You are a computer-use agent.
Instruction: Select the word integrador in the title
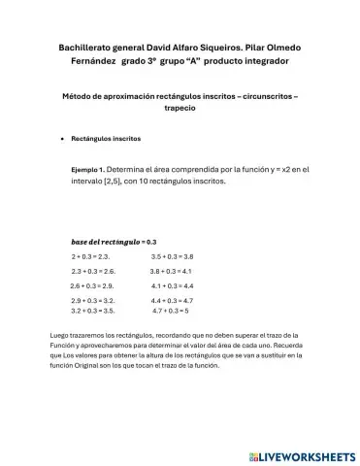(x=262, y=61)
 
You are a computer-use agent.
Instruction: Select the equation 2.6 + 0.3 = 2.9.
(x=92, y=286)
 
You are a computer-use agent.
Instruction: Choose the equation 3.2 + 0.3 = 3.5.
(x=93, y=312)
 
